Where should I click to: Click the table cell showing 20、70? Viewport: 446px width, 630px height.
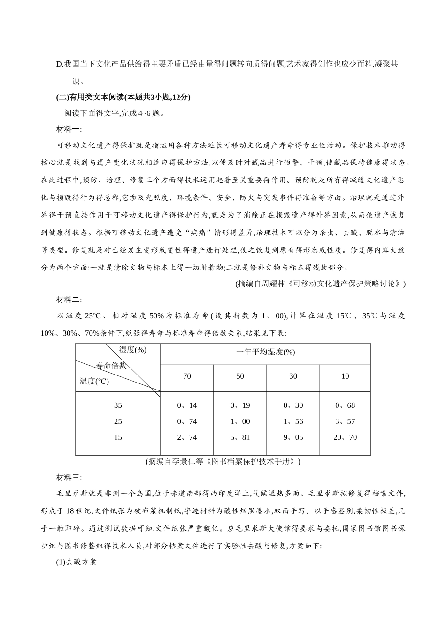coord(345,437)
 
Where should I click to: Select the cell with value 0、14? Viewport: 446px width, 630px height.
coord(187,405)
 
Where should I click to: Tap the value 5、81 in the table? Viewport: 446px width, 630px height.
coord(240,437)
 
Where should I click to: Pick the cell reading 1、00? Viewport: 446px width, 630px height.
coord(240,421)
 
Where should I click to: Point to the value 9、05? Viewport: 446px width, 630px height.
coord(293,437)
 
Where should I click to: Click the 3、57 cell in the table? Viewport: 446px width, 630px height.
coord(345,421)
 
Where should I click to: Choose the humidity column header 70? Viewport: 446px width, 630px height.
coord(187,376)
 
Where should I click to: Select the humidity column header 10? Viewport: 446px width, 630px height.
coord(345,376)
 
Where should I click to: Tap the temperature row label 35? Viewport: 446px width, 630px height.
coord(118,405)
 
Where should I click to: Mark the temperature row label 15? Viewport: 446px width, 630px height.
coord(118,437)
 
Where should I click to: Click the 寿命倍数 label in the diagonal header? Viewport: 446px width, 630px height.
coord(111,366)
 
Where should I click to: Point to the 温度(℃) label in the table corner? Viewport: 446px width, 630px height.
coord(94,381)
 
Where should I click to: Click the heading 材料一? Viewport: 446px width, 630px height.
coord(69,129)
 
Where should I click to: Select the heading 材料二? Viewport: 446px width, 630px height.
coord(69,300)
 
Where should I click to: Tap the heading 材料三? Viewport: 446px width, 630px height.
coord(69,478)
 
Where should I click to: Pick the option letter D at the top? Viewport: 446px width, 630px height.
coord(59,64)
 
